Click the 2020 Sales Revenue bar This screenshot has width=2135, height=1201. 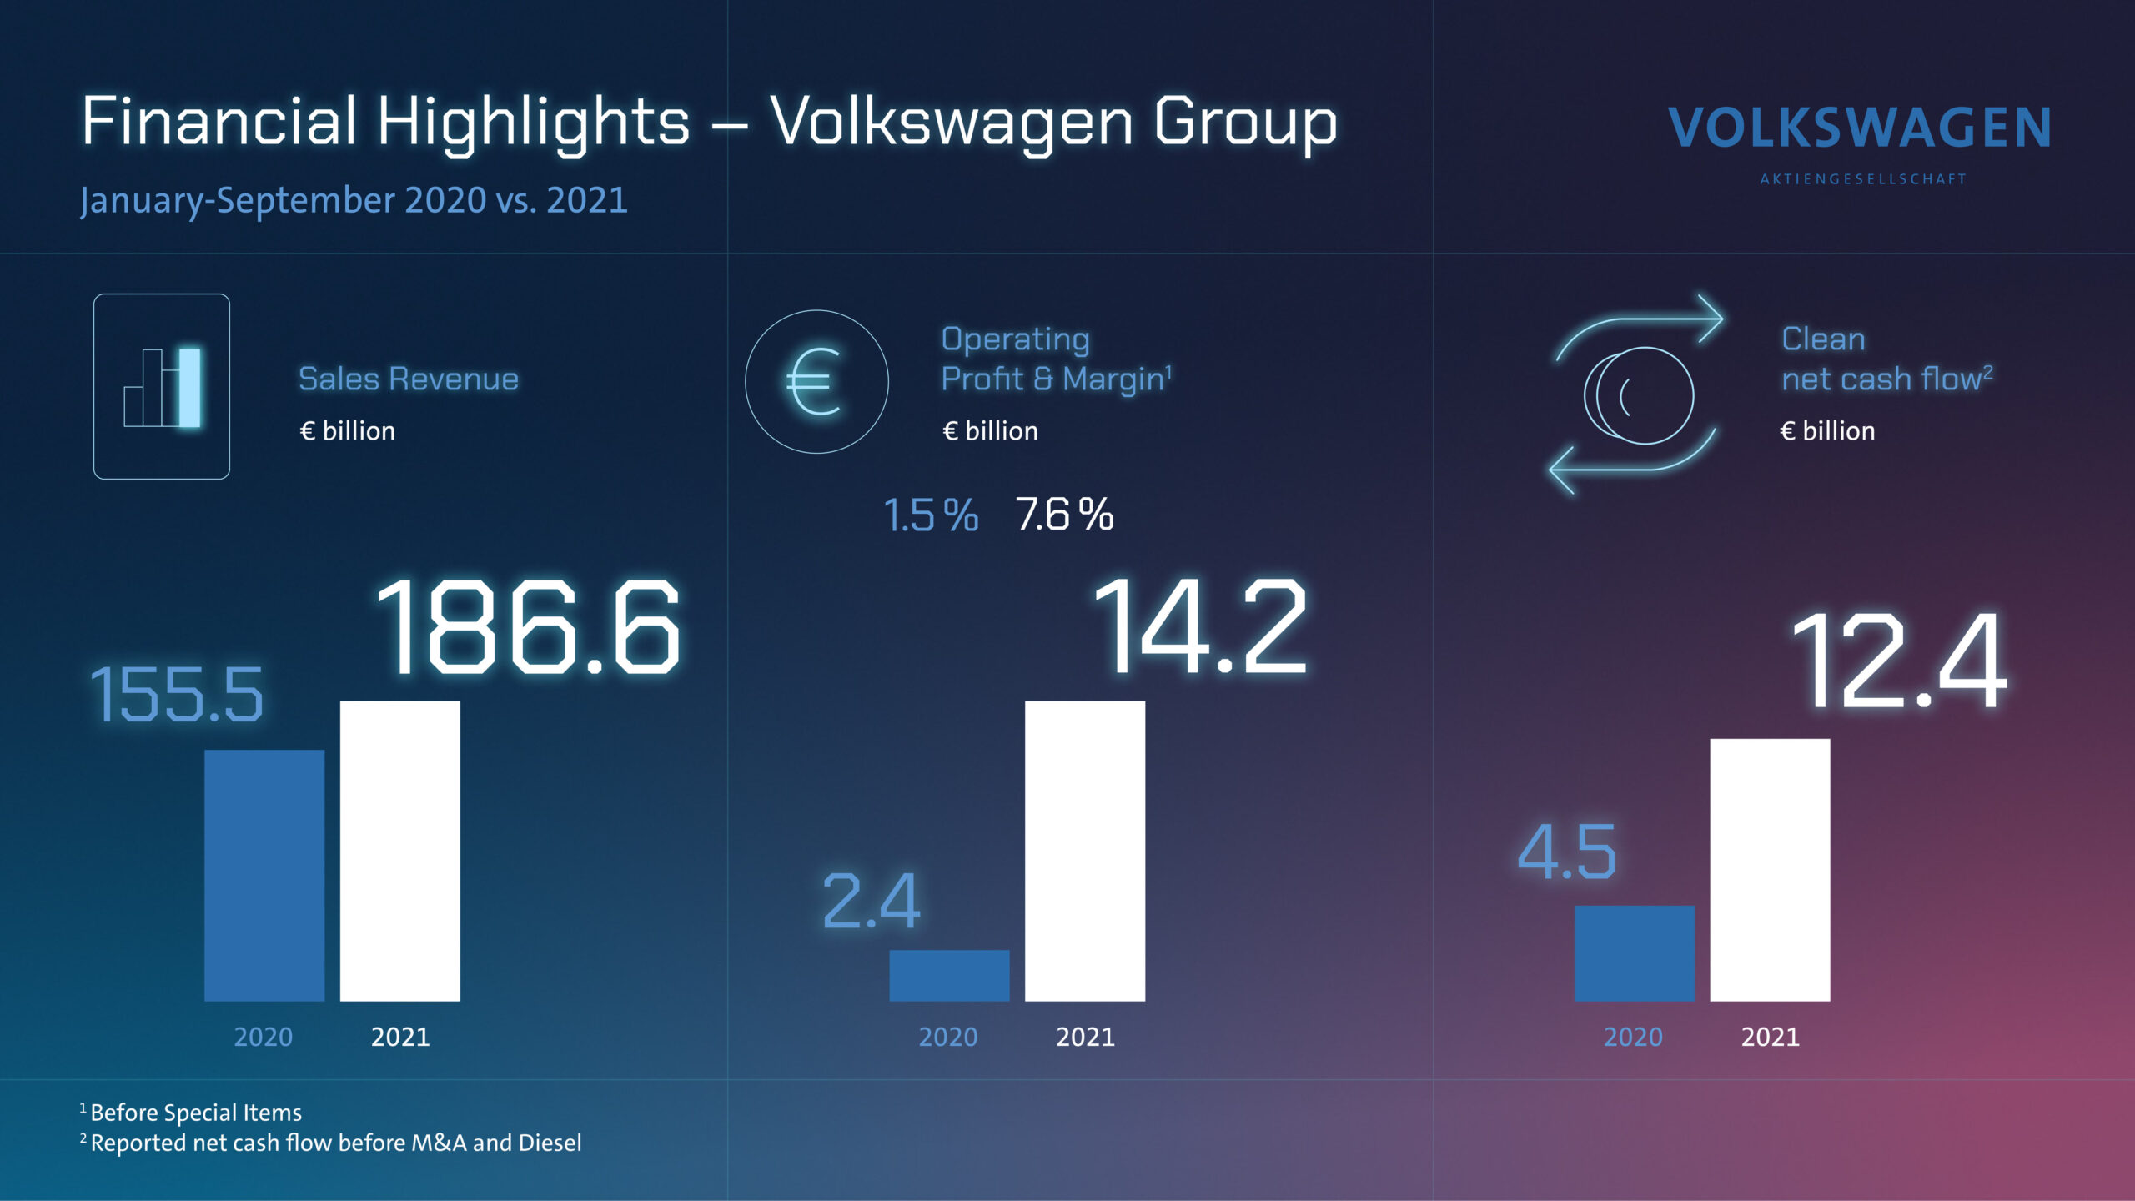pos(264,875)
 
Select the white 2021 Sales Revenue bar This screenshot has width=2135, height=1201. pos(399,851)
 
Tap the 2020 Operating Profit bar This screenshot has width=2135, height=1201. pos(949,975)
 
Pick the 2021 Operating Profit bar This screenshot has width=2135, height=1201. pos(1084,851)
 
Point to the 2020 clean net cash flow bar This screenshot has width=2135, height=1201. pos(1634,953)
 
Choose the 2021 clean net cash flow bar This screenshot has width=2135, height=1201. pos(1770,870)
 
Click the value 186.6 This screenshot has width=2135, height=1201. pos(529,627)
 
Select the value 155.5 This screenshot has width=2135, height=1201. pos(177,694)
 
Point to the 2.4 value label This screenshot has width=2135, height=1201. pos(871,902)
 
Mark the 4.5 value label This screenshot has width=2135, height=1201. pos(1566,852)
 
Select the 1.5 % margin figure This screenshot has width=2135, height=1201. pos(930,515)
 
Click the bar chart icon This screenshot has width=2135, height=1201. pos(162,386)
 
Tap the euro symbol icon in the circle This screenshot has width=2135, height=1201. pos(816,382)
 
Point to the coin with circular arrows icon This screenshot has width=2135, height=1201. pos(1636,394)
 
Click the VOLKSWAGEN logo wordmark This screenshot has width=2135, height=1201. pos(1859,128)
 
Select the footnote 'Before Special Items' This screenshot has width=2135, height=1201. pos(195,1113)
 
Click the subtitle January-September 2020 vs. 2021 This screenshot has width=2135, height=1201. pos(354,200)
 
